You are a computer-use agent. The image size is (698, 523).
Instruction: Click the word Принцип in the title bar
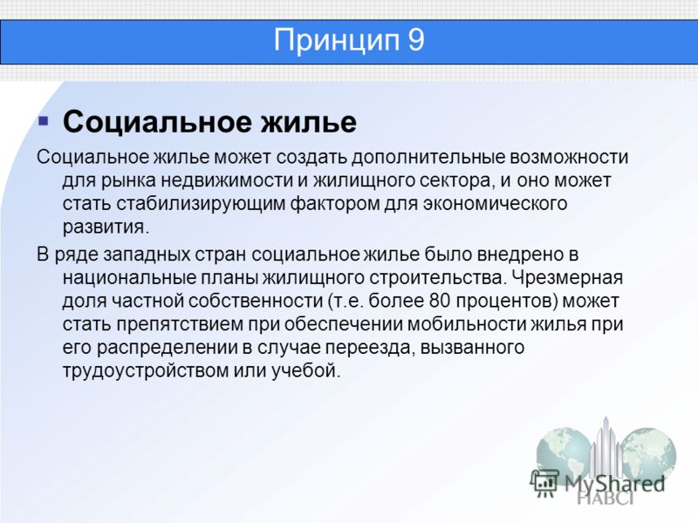click(336, 41)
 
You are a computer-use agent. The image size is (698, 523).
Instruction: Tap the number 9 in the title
click(416, 40)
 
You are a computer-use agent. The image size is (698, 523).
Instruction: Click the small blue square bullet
click(43, 120)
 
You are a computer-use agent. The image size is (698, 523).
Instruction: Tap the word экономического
click(495, 204)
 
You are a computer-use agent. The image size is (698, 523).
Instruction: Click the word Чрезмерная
click(566, 278)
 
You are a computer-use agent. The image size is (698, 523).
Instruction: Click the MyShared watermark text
click(614, 484)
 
